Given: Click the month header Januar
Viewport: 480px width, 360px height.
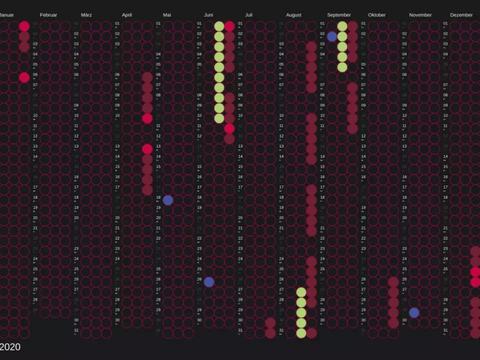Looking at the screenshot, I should [6, 15].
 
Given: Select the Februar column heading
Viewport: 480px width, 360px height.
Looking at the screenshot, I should [48, 15].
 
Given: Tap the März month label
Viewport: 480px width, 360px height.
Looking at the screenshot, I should [86, 15].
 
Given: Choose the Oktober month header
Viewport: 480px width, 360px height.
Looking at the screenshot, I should [377, 15].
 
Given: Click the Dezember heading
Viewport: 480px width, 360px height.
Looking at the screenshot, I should [461, 15].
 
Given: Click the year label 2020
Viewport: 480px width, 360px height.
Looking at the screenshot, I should [10, 346].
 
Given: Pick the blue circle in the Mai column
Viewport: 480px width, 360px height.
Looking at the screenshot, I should [168, 200].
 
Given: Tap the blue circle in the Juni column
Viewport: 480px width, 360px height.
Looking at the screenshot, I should [209, 282].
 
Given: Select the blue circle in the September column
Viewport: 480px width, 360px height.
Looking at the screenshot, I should [332, 36].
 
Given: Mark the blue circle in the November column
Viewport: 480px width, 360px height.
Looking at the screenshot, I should [414, 312].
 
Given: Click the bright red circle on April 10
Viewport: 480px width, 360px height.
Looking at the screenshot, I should [147, 118].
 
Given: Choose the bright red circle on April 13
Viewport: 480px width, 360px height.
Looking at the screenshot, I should [147, 149].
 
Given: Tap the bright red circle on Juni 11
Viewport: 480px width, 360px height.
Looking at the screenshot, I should [229, 128].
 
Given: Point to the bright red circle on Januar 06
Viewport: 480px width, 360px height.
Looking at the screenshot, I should [24, 77].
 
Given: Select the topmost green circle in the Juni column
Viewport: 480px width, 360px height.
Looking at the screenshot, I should [219, 26].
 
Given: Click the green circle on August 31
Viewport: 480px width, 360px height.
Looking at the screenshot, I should [301, 333].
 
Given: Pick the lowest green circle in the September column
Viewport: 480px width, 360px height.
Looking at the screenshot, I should [342, 67].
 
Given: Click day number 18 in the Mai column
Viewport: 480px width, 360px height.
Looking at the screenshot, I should [158, 197].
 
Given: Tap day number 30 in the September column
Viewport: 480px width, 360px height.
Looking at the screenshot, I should [322, 320].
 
